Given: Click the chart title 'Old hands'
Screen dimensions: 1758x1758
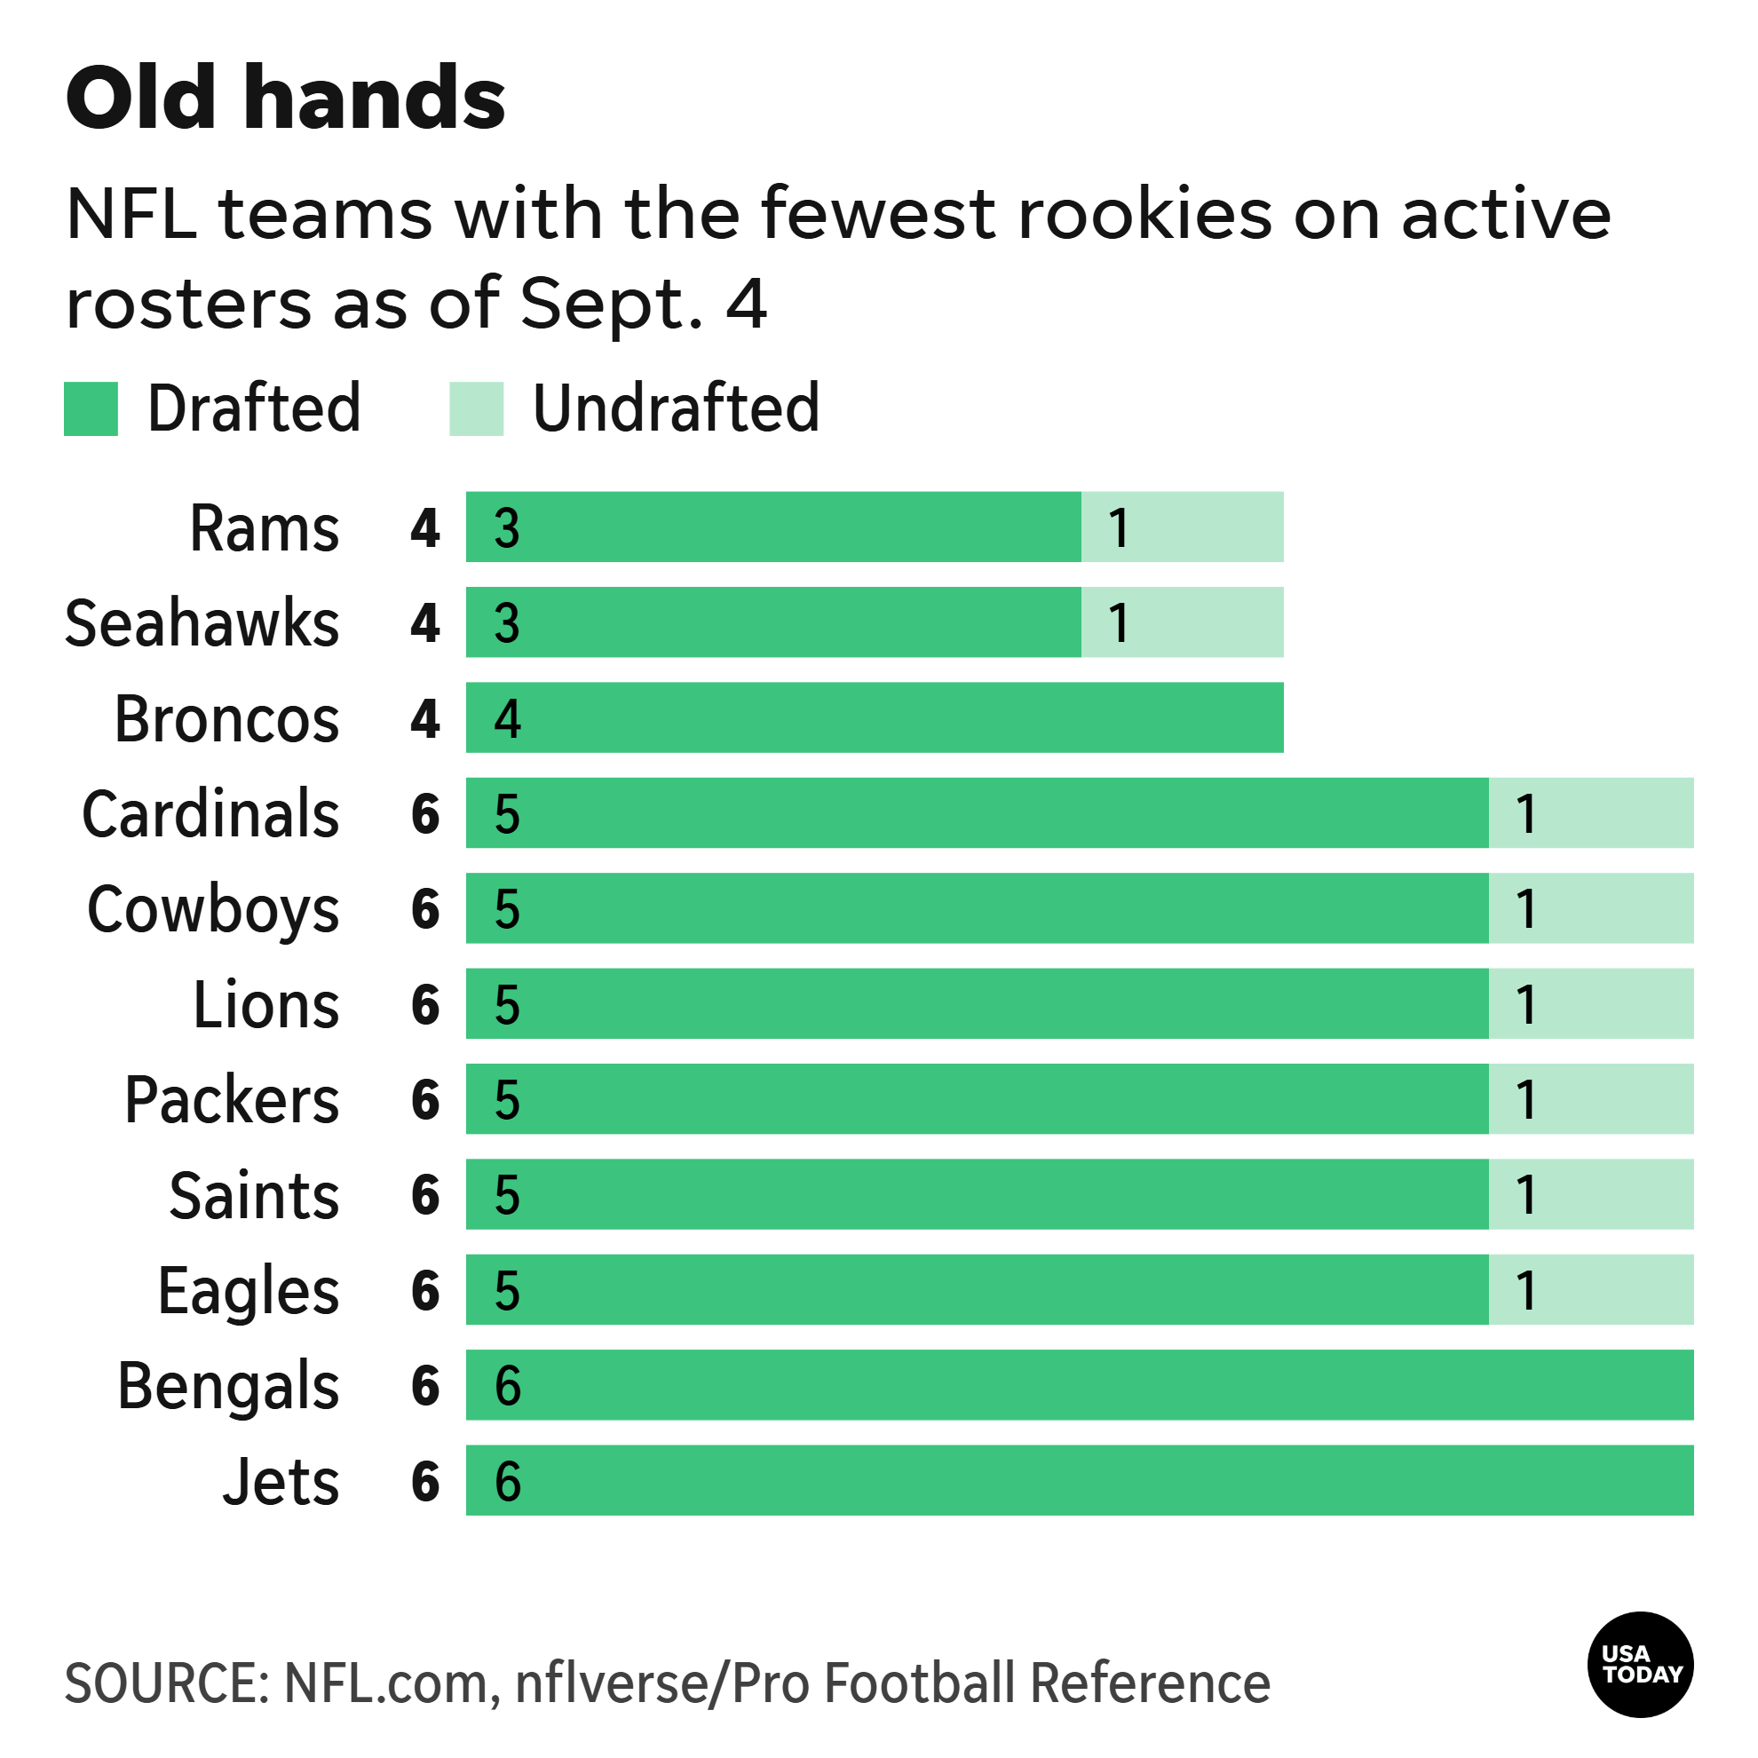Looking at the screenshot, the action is click(285, 99).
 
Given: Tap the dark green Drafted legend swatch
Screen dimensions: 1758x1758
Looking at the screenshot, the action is click(91, 408).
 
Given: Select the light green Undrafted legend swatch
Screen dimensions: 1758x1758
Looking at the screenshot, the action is click(476, 408).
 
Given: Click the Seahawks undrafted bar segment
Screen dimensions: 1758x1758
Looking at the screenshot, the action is click(1182, 622).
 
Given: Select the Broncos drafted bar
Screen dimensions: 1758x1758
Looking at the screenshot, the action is click(875, 718).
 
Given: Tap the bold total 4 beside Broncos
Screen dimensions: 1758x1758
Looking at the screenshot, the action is click(425, 719).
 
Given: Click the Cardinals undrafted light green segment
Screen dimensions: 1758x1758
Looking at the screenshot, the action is click(1590, 812).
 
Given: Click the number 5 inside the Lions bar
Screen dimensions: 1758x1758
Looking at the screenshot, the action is click(507, 1004).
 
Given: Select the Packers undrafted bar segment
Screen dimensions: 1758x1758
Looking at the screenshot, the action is click(1590, 1098).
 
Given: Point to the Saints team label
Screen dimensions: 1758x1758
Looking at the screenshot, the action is click(254, 1195).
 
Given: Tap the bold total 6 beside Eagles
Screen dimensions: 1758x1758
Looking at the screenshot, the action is click(425, 1290).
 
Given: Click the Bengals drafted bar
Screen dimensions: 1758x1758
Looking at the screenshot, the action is click(1080, 1385).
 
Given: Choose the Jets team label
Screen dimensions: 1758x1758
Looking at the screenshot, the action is click(281, 1481).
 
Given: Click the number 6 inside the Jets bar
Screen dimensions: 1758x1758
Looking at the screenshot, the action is click(508, 1480).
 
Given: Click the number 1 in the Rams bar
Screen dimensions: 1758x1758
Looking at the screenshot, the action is click(1119, 527).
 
